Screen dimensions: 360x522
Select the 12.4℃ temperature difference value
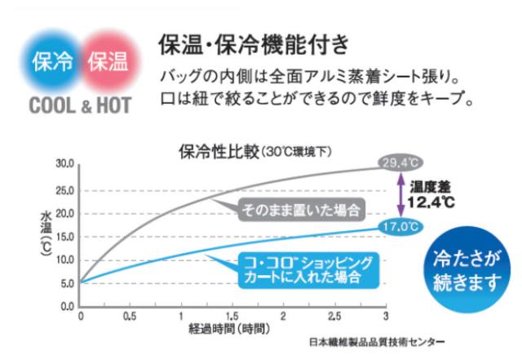click(431, 201)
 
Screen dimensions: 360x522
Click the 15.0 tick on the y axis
click(64, 237)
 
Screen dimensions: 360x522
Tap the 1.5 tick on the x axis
click(232, 317)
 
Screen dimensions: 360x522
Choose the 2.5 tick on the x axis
click(334, 317)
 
